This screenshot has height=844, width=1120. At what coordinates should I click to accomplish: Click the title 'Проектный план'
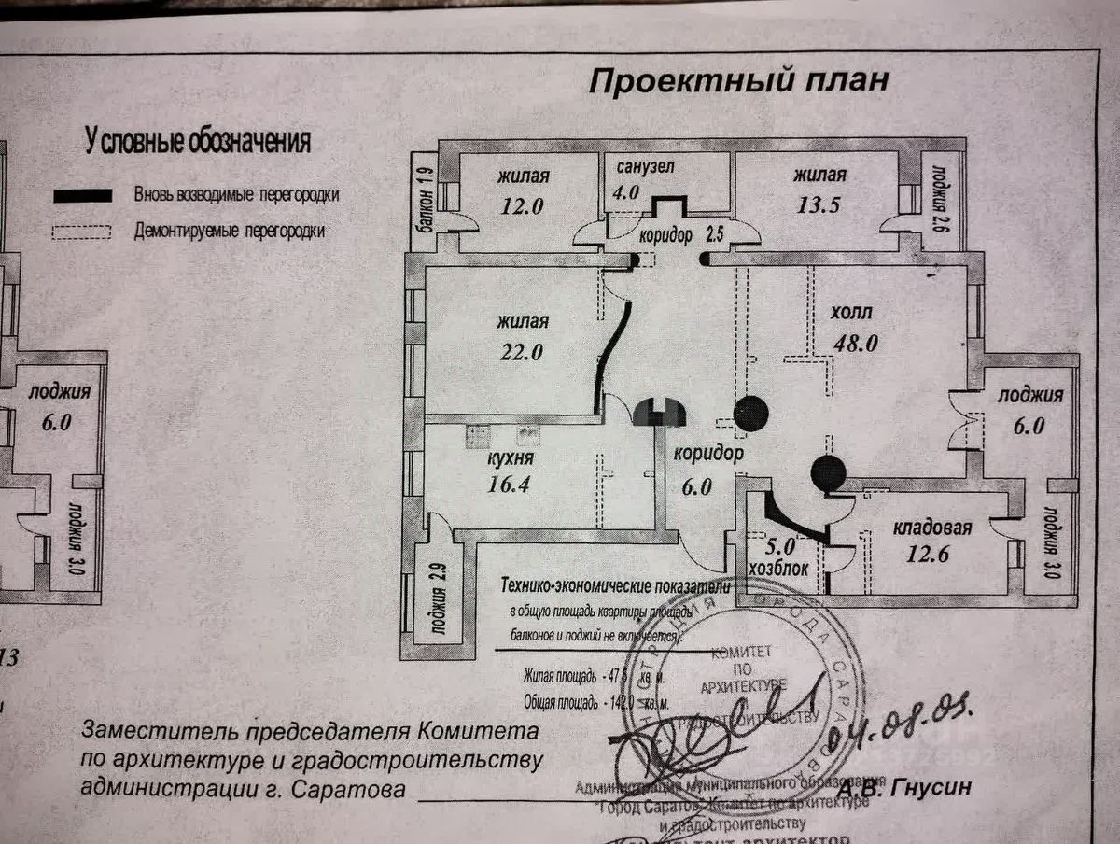pos(737,82)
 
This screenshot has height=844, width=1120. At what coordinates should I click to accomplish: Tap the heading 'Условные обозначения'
pos(198,142)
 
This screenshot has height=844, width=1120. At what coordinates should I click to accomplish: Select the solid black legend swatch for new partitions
pos(83,195)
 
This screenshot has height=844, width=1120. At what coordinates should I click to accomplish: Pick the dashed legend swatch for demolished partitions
pos(82,231)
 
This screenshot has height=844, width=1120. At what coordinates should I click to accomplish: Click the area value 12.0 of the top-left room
pos(521,206)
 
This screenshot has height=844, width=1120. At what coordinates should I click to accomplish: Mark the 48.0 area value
pos(855,343)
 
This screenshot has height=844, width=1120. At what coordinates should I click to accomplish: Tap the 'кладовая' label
pos(932,528)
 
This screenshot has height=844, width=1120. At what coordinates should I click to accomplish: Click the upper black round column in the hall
pos(751,414)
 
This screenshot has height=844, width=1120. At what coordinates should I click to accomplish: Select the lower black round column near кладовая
pos(828,474)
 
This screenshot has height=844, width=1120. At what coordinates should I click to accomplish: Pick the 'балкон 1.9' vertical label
pos(423,196)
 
